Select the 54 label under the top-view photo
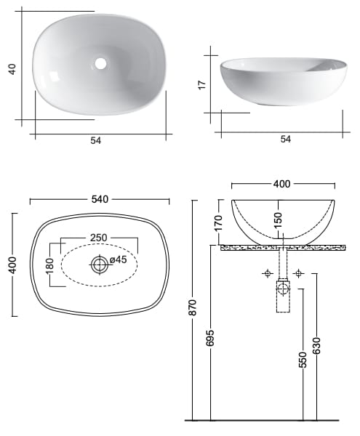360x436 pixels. pos(95,141)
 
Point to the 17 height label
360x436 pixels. pos(202,85)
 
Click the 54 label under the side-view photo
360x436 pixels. pos(285,139)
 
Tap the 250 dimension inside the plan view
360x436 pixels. pos(100,238)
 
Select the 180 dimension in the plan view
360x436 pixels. pos(50,265)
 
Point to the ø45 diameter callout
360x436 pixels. pos(118,260)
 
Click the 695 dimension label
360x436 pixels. pos(211,338)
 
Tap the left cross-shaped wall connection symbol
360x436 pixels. pos(268,273)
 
